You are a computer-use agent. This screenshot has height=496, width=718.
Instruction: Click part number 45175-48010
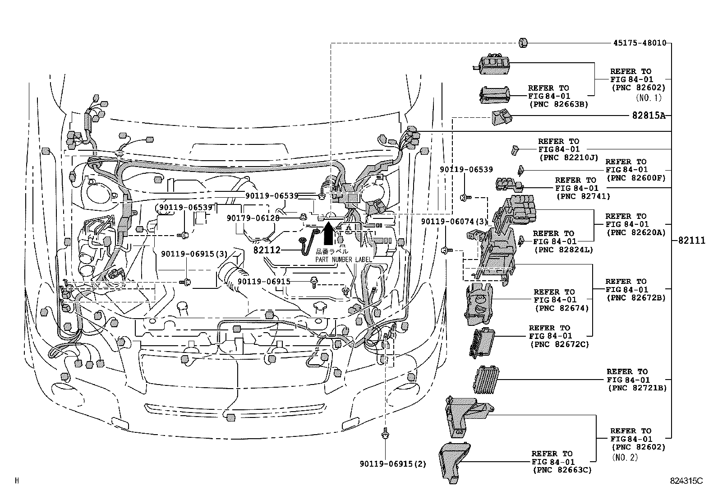[x=640, y=43]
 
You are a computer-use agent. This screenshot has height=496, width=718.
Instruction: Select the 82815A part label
[x=649, y=116]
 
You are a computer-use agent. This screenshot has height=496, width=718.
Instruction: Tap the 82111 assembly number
[x=691, y=241]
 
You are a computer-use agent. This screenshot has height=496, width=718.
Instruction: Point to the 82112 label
[x=267, y=250]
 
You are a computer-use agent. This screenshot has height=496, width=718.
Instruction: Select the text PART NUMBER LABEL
[x=343, y=260]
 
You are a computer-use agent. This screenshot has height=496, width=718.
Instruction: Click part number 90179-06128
[x=253, y=218]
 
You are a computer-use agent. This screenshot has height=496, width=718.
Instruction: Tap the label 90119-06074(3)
[x=455, y=222]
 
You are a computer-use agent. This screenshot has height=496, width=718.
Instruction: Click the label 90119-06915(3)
[x=194, y=254]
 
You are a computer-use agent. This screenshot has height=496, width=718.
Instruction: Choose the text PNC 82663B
[x=558, y=104]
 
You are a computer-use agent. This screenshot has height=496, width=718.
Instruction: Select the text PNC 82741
[x=583, y=196]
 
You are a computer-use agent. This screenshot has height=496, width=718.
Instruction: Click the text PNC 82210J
[x=568, y=158]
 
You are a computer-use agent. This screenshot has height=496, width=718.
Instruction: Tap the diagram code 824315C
[x=686, y=481]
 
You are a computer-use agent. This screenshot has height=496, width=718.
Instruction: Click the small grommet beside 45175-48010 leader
[x=523, y=43]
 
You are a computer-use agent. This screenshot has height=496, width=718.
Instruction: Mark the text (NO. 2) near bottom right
[x=625, y=457]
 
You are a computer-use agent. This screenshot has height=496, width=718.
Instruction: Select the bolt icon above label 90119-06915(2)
[x=386, y=434]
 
